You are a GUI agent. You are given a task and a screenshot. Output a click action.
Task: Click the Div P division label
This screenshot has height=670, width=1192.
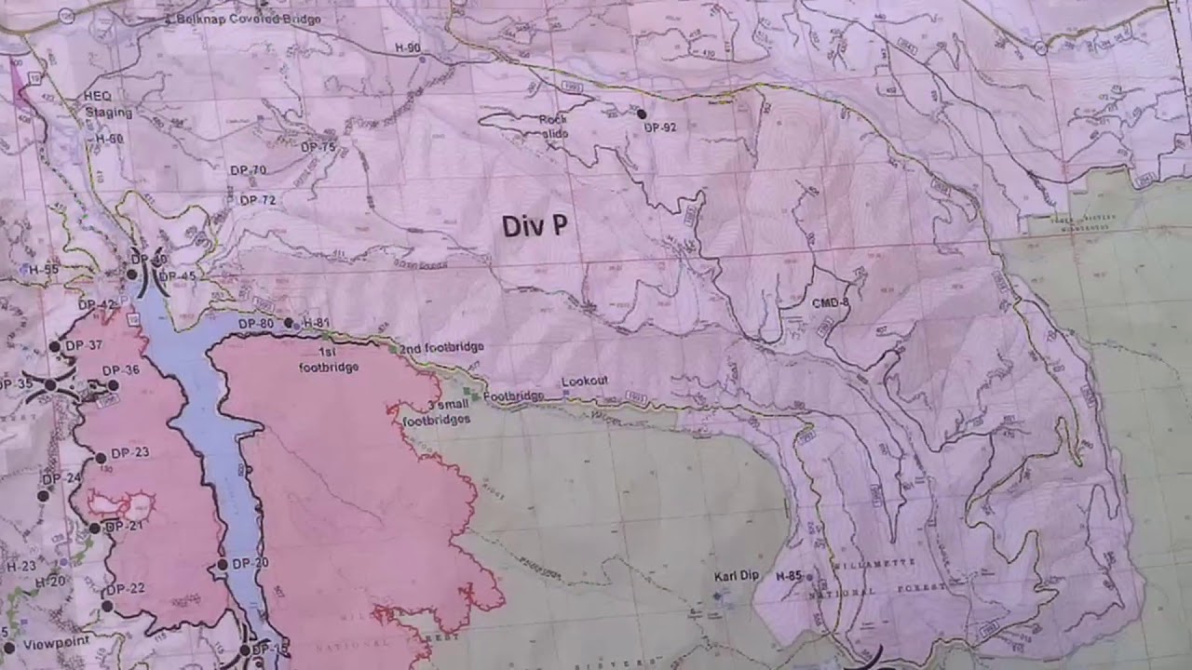535,226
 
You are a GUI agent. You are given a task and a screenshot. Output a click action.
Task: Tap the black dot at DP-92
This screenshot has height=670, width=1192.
642,114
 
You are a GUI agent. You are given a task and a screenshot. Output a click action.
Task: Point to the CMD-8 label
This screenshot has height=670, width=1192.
830,301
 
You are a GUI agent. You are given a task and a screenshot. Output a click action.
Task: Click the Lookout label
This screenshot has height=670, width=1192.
585,382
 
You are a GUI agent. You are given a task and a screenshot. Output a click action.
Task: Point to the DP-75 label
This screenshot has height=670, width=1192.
318,147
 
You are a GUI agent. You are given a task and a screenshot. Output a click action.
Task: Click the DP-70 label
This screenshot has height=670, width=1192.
248,170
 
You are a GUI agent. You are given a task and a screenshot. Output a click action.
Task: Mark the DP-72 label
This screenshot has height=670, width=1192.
257,200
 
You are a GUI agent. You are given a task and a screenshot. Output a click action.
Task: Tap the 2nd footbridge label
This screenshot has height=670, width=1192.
442,348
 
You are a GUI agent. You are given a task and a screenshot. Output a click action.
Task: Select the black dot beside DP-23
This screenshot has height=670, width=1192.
101,458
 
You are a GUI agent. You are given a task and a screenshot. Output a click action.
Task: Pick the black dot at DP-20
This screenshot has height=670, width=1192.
223,565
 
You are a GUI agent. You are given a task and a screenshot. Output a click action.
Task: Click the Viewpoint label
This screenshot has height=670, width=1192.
55,643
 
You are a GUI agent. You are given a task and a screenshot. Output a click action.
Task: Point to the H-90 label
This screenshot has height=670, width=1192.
407,47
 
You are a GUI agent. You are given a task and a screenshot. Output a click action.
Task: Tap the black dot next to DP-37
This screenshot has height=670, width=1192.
54,346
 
